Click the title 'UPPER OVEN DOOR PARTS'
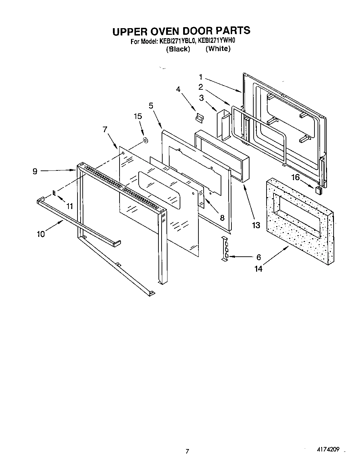(181, 31)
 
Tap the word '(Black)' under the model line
(178, 49)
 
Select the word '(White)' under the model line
(218, 49)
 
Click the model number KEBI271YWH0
(217, 41)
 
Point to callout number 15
(138, 116)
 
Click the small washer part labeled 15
(146, 141)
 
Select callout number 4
(178, 89)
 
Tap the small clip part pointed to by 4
(199, 117)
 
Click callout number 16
(295, 177)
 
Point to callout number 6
(258, 257)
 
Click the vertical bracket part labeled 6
(225, 248)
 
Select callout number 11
(70, 206)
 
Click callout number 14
(258, 269)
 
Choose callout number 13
(256, 225)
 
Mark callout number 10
(41, 234)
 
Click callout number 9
(35, 171)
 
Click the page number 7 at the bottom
(187, 451)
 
